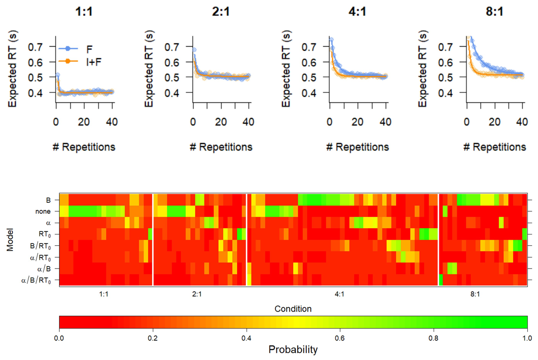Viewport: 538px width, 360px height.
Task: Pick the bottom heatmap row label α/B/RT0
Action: tap(38, 281)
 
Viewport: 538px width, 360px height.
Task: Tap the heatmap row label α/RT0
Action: tap(43, 258)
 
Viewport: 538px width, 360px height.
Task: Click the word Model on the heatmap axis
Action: tap(10, 240)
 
